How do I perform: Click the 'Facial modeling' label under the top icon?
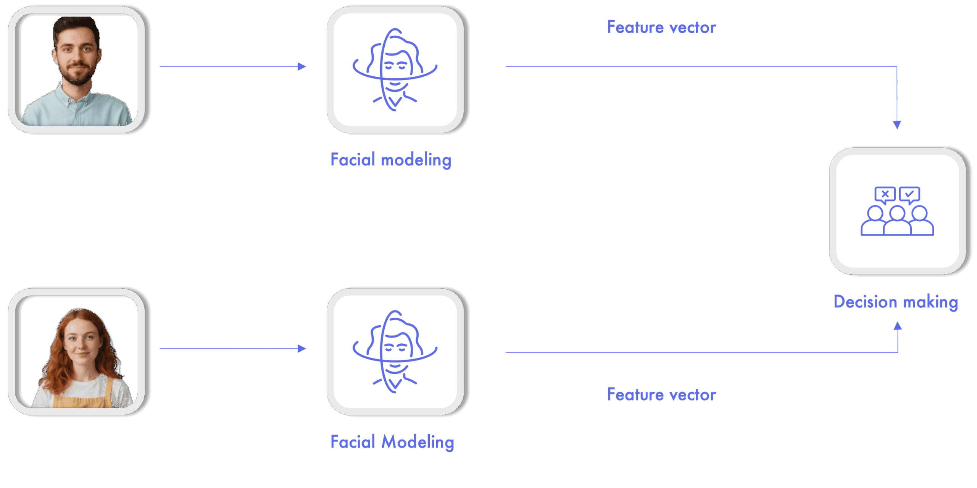391,160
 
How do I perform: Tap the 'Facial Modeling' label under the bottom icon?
392,442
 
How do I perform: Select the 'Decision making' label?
896,302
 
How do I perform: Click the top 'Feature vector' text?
661,27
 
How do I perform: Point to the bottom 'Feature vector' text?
661,394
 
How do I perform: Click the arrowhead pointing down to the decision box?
897,124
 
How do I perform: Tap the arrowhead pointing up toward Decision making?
898,326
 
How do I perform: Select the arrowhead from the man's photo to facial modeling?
302,67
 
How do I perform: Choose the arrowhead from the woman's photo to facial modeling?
302,348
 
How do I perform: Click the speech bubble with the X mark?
885,195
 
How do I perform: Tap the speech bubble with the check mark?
909,195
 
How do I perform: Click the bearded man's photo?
77,70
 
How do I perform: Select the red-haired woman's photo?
77,352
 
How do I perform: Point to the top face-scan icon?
395,70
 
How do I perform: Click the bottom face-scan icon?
395,352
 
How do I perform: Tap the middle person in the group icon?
897,221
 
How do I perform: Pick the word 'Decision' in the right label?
865,302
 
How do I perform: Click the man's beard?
77,75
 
